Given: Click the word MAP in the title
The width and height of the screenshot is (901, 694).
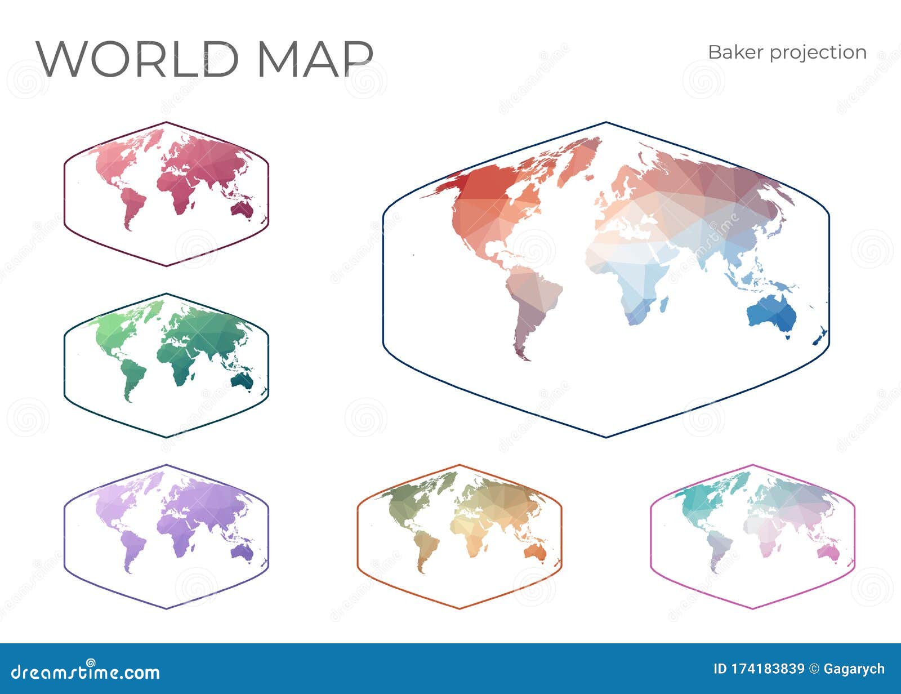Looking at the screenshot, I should pyautogui.click(x=315, y=59).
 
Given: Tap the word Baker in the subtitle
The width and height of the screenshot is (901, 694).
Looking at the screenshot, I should pyautogui.click(x=735, y=52).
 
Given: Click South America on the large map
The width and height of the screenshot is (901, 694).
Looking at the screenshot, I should pyautogui.click(x=532, y=304).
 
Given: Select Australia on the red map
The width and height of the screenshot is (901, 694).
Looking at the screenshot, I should pyautogui.click(x=242, y=210).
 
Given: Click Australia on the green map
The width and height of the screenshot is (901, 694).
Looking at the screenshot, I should pyautogui.click(x=242, y=381).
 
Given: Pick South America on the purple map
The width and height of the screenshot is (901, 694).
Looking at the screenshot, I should pyautogui.click(x=132, y=546).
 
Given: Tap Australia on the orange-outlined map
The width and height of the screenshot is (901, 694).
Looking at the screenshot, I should pyautogui.click(x=536, y=553).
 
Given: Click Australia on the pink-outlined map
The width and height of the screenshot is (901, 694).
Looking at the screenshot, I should pyautogui.click(x=828, y=553).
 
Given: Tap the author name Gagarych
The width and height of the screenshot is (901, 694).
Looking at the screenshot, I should pyautogui.click(x=854, y=669).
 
